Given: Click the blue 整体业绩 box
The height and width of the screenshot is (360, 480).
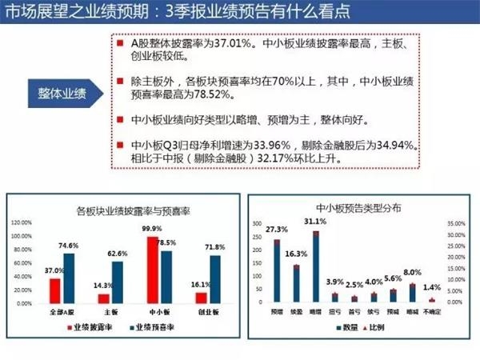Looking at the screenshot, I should point(62,92).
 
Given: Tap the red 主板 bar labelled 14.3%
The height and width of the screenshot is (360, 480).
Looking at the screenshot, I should point(104,298).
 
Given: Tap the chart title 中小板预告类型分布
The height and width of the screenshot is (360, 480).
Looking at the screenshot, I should point(358,207).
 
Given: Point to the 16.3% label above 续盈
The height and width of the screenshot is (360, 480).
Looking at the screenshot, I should point(297,254).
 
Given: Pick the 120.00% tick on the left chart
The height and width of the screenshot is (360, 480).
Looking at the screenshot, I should point(22,222).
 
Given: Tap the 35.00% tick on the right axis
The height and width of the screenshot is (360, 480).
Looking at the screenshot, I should point(456,223).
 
